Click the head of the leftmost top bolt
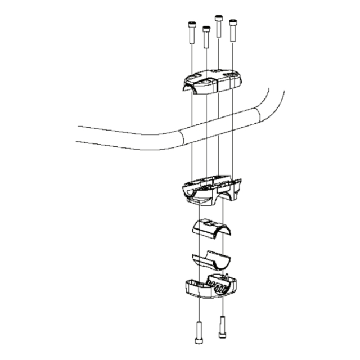(191, 24)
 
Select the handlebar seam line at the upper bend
(258, 116)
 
